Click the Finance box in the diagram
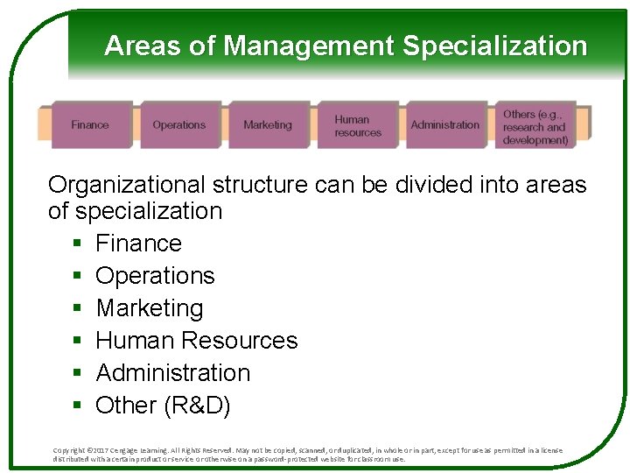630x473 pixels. (90, 125)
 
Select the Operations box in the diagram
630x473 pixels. (178, 125)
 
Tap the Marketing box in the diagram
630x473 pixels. (268, 125)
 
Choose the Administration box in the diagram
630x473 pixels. (444, 125)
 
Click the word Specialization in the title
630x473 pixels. (494, 46)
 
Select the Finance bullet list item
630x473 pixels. (138, 244)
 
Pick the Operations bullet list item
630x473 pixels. (155, 276)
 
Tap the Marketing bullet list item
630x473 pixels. (149, 308)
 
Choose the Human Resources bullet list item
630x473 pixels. (197, 341)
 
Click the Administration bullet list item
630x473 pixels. (172, 373)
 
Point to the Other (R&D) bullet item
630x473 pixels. (163, 406)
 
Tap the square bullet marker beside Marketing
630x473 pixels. (77, 309)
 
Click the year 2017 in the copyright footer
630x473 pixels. (106, 450)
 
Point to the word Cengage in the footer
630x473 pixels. (136, 450)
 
